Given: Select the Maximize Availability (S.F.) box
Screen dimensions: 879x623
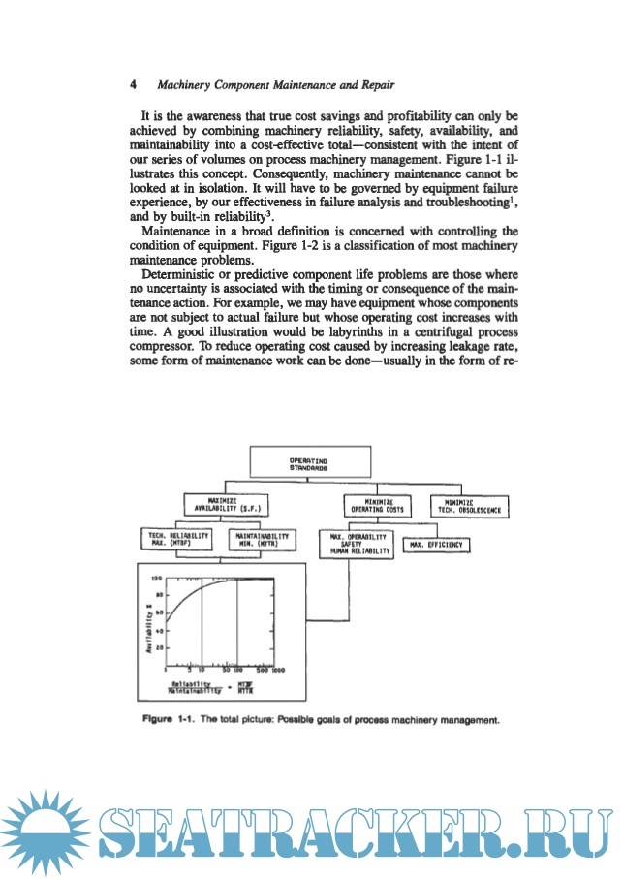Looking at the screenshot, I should (x=225, y=505).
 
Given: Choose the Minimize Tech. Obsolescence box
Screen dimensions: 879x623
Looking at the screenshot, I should (x=469, y=505).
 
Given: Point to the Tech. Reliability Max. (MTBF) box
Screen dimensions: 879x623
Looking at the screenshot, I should (x=178, y=540).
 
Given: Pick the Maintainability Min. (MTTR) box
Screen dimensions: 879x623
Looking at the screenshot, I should (x=262, y=540).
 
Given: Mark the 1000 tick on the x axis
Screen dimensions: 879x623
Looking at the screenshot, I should (x=276, y=670).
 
